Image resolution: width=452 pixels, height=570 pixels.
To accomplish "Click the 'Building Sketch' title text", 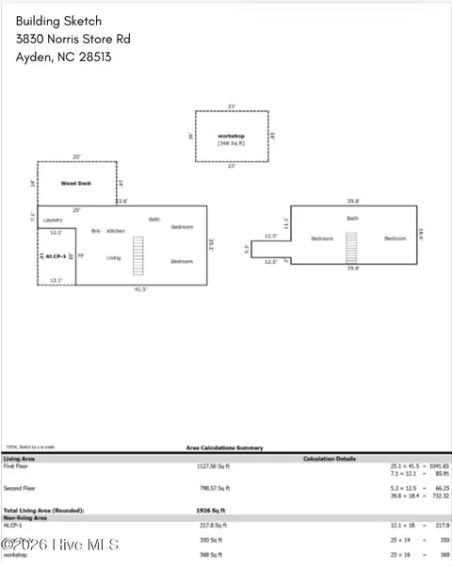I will pos(58,21).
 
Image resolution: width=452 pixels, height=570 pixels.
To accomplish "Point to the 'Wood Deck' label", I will pos(75,184).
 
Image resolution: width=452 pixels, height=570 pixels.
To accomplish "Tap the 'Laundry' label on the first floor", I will pos(53,220).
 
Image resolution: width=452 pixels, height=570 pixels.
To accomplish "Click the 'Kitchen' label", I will pos(116,231).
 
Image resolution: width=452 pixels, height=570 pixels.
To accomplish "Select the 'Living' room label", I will pos(113,257).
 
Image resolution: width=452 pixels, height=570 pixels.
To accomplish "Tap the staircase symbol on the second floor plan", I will pos(353,247).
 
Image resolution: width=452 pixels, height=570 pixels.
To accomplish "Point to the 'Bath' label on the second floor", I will pos(352,219).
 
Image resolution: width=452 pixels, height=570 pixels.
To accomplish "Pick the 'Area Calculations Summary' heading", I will pos(225,448).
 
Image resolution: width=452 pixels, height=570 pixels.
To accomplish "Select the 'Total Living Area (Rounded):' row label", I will pos(47,510).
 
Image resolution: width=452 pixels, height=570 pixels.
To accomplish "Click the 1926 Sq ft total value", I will pos(206,510).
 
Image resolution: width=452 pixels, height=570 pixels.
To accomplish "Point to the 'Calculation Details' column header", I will pos(330,459).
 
